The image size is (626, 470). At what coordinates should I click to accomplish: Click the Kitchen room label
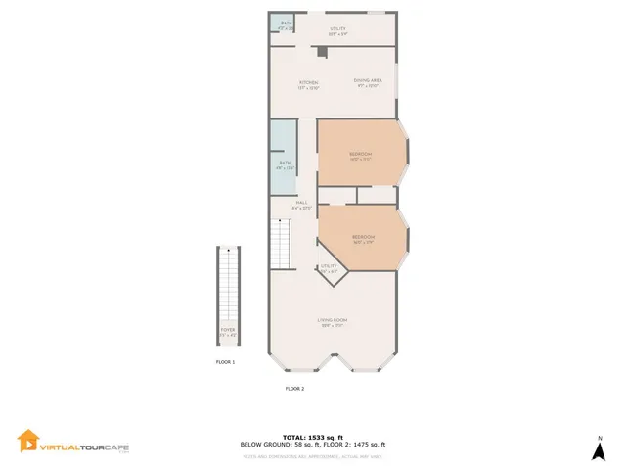(x=308, y=82)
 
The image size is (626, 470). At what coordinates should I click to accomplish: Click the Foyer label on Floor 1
(x=227, y=332)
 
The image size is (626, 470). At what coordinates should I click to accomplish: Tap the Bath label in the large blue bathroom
(x=285, y=164)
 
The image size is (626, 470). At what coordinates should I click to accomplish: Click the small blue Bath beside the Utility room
(x=285, y=23)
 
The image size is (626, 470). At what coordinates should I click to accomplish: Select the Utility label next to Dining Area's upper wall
(x=338, y=29)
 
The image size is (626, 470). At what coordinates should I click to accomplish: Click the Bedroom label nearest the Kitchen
(x=361, y=155)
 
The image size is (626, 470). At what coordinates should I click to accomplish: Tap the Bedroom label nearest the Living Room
(x=364, y=237)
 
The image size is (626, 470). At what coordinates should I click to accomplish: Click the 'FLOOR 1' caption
(x=226, y=362)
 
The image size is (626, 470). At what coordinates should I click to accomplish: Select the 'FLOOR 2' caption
(x=294, y=389)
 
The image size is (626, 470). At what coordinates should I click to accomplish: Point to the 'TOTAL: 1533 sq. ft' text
(x=313, y=437)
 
